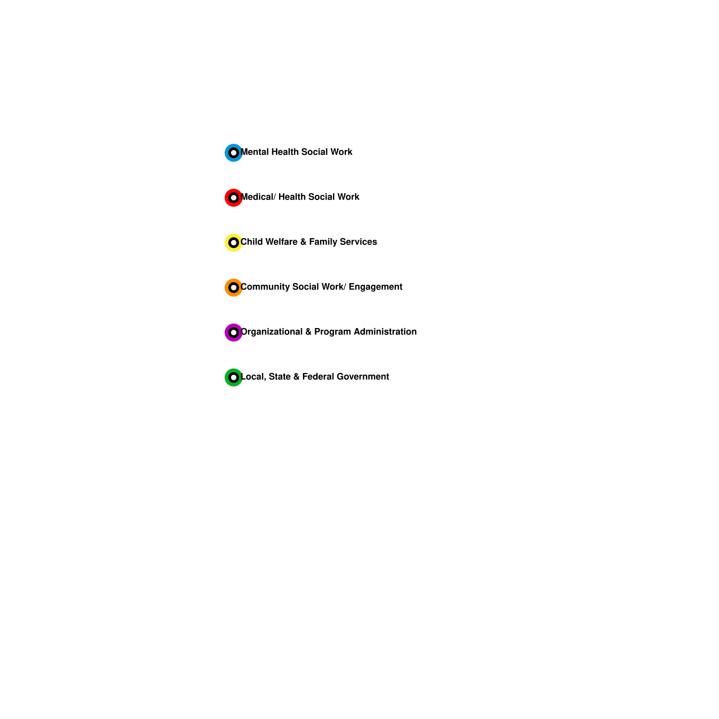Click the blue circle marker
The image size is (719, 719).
pyautogui.click(x=234, y=153)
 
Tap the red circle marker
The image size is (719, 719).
pyautogui.click(x=234, y=198)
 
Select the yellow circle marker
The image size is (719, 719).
pyautogui.click(x=234, y=243)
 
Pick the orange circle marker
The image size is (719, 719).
pyautogui.click(x=234, y=288)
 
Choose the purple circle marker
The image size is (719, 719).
pyautogui.click(x=234, y=333)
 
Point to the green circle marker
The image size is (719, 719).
pyautogui.click(x=234, y=377)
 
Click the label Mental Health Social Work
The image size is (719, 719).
pyautogui.click(x=297, y=152)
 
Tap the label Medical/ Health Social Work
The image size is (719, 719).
pyautogui.click(x=300, y=197)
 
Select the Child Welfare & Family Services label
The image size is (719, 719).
pyautogui.click(x=309, y=242)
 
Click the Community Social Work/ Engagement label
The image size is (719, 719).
pyautogui.click(x=321, y=287)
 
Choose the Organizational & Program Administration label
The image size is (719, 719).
pyautogui.click(x=328, y=332)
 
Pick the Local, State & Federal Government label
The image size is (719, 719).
pyautogui.click(x=315, y=377)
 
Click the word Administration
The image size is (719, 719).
pyautogui.click(x=385, y=332)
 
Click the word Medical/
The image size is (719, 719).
pyautogui.click(x=258, y=197)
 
